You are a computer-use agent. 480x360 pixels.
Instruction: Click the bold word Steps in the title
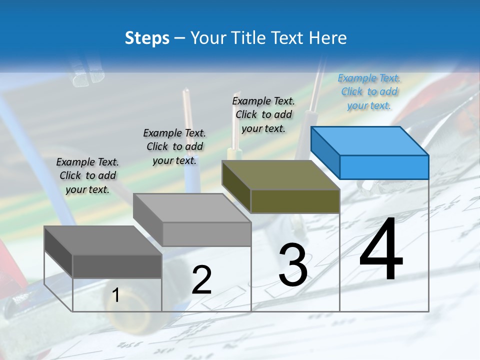coord(147,38)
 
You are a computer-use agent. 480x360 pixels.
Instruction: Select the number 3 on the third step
coord(293,265)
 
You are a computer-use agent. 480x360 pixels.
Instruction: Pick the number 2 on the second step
coord(201,280)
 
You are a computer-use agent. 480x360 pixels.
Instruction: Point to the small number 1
coord(116,295)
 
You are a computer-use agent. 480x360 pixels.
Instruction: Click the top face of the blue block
coord(369,140)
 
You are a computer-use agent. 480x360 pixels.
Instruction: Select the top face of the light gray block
coord(191,207)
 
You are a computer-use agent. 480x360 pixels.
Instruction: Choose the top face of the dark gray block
coord(102,240)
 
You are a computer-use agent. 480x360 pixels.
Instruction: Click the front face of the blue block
coord(384,167)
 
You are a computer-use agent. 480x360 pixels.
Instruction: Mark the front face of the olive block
coord(295,201)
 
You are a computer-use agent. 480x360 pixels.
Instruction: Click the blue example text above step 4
coord(369,91)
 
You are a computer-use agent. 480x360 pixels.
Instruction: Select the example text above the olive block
coord(263,114)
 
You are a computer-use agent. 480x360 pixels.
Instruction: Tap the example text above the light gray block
coord(174,146)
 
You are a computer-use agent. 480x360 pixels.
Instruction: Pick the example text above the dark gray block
coord(87,175)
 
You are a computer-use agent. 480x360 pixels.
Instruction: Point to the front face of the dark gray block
coord(117,266)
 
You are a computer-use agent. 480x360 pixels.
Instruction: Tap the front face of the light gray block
coord(206,234)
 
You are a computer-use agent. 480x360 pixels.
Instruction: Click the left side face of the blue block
coord(325,152)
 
